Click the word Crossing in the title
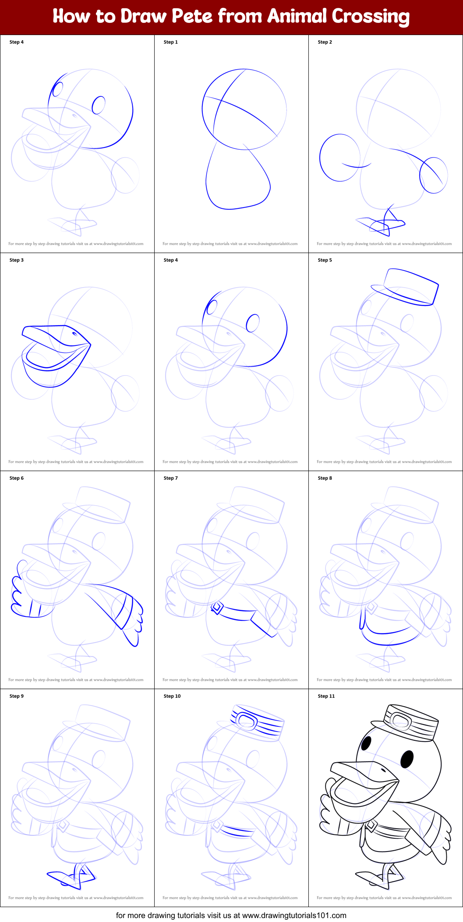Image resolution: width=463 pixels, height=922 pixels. tap(370, 16)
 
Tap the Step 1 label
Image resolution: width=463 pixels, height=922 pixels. tap(170, 42)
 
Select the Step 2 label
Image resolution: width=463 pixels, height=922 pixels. tap(325, 42)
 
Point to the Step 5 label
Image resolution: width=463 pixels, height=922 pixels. tap(325, 260)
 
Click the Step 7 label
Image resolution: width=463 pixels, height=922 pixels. tap(170, 478)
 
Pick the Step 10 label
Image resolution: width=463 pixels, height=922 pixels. tap(172, 696)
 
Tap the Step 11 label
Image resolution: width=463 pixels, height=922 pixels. tap(326, 696)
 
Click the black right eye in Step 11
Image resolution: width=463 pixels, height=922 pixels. tap(407, 759)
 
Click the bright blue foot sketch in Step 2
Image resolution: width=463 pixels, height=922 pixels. tap(381, 223)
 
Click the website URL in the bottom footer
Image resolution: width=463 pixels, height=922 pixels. tap(294, 915)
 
